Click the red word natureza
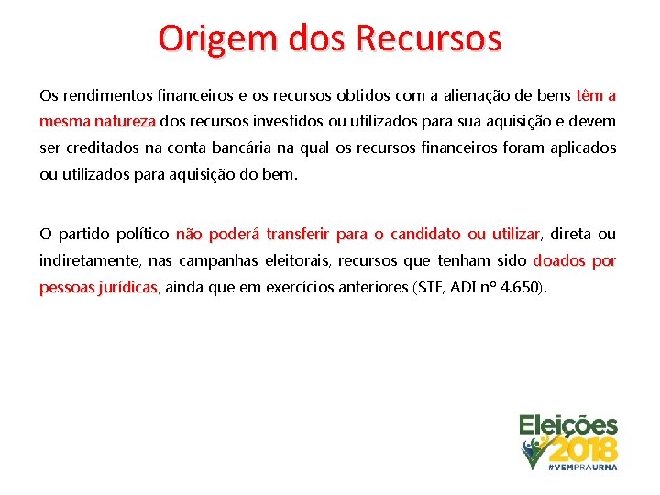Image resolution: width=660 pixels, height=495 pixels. click(126, 121)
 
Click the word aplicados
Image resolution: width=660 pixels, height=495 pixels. click(582, 148)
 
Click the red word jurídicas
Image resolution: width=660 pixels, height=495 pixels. click(126, 288)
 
